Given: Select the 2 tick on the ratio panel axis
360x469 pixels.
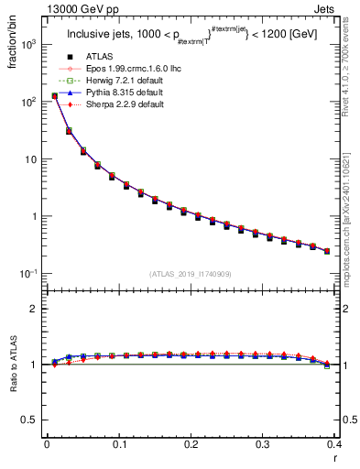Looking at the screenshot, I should pos(34,309).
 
